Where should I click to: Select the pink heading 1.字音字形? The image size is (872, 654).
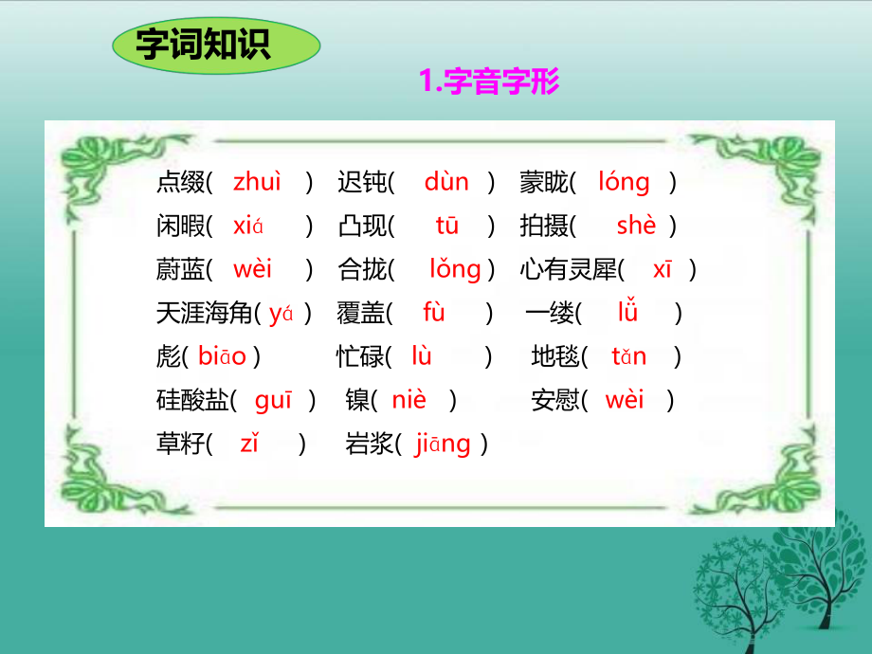click(489, 82)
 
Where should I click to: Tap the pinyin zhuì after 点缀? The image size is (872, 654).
click(257, 182)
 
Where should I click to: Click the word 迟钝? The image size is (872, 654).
click(362, 182)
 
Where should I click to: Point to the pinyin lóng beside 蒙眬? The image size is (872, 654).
click(624, 182)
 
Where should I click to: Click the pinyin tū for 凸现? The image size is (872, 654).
click(446, 227)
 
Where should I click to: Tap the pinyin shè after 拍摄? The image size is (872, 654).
click(635, 227)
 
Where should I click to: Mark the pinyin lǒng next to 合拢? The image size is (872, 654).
click(455, 270)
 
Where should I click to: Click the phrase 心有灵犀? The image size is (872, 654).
click(569, 270)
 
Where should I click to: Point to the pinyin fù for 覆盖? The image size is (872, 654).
click(434, 314)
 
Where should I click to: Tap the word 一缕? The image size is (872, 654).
click(550, 314)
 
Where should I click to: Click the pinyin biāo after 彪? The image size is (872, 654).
click(223, 357)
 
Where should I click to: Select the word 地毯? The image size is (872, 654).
click(555, 357)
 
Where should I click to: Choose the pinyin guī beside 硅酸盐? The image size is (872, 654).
click(274, 401)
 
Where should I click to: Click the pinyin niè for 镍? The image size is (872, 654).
click(409, 401)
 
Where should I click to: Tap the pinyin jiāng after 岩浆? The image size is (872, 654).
click(443, 445)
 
